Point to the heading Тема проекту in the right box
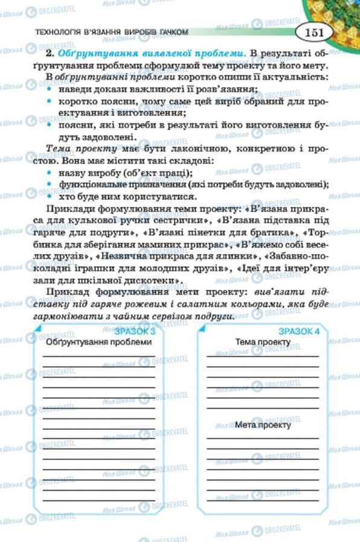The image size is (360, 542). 263,342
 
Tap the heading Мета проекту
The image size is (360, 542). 263,424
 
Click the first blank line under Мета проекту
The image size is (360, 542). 263,437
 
